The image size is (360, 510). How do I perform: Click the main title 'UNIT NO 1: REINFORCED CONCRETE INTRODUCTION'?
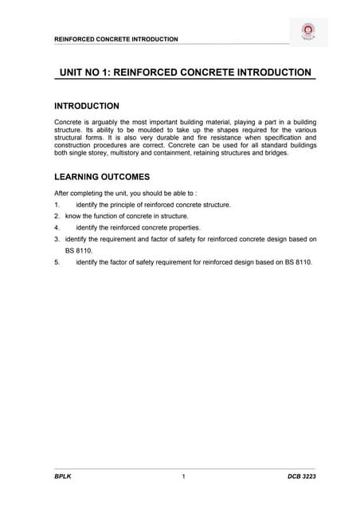pyautogui.click(x=186, y=73)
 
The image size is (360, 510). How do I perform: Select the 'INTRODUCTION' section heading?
pyautogui.click(x=86, y=106)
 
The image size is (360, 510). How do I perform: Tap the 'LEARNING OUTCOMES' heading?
pyautogui.click(x=101, y=177)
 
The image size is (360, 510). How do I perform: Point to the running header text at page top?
pyautogui.click(x=115, y=39)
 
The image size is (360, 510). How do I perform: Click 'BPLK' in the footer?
pyautogui.click(x=62, y=477)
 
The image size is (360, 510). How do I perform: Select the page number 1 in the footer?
pyautogui.click(x=184, y=477)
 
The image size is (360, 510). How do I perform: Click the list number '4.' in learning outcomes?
pyautogui.click(x=57, y=227)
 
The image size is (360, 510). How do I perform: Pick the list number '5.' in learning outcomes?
pyautogui.click(x=57, y=261)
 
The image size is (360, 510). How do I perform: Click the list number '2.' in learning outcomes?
pyautogui.click(x=57, y=216)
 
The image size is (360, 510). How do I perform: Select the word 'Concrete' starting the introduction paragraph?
pyautogui.click(x=68, y=122)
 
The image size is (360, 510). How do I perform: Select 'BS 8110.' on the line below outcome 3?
pyautogui.click(x=80, y=249)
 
